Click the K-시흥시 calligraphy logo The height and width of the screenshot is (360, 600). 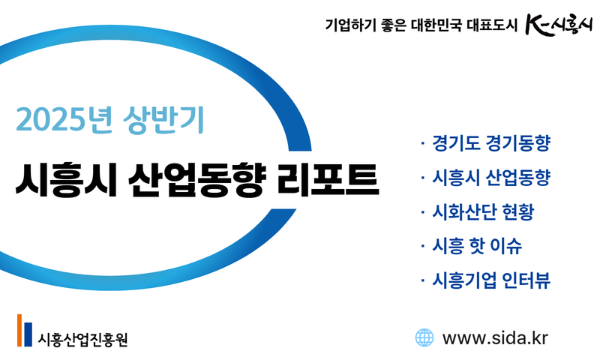coord(559,25)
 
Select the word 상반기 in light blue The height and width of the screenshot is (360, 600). coord(163,120)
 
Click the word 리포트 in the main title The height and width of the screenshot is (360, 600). coord(328,179)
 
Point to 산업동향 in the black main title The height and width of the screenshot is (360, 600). coord(196,179)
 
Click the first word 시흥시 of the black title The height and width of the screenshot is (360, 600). coord(66,179)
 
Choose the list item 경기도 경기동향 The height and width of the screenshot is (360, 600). coord(491,143)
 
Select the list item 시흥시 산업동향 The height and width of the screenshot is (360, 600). coord(491,177)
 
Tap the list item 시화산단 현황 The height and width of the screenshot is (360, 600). coord(483,211)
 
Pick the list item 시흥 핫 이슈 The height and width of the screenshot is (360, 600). coord(477,245)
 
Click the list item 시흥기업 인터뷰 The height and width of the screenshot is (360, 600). coord(491,280)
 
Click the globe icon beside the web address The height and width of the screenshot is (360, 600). coord(424,337)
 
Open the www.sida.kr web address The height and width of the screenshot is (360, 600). coord(495,338)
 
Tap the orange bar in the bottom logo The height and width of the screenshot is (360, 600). coord(19,330)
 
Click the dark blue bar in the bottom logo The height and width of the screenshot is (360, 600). coord(28,334)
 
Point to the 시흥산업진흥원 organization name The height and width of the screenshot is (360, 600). coord(82,339)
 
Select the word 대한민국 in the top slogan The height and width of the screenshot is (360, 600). coord(436,25)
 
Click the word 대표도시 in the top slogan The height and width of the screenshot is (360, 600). coord(492,25)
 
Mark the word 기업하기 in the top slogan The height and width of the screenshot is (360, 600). coord(351,25)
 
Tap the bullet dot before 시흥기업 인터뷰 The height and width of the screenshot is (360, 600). coord(422,280)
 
